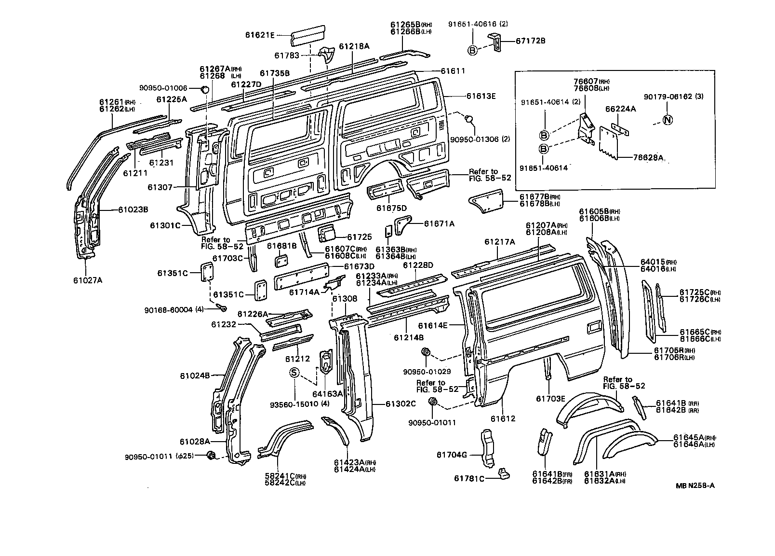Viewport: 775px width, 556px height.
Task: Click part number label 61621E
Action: pos(259,35)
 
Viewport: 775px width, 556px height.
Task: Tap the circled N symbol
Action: pos(668,120)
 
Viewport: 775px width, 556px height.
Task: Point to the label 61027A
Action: pos(88,280)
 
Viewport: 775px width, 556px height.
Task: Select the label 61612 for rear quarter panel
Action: pos(503,418)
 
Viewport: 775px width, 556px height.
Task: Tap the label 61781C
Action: pos(469,479)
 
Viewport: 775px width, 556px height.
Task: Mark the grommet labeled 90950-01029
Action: pos(426,352)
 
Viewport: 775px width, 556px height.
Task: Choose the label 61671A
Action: pos(439,223)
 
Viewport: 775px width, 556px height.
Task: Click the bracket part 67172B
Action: pos(495,41)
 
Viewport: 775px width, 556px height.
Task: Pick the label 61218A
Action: pos(354,46)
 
